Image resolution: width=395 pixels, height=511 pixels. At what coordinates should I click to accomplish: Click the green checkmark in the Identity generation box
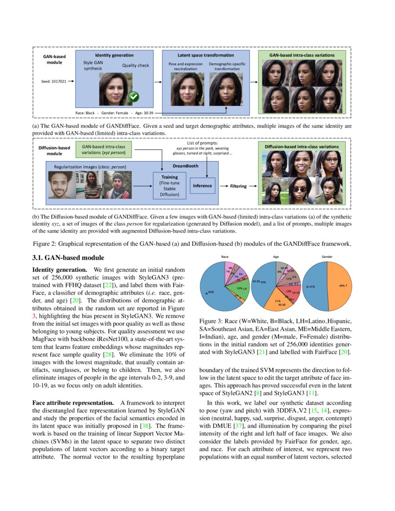point(134,97)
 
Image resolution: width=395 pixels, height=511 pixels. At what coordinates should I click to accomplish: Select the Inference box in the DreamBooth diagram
point(203,186)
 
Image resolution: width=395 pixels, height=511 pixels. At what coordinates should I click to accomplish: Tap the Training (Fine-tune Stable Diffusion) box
point(169,186)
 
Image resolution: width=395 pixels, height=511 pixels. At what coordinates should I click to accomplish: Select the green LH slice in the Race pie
point(242,289)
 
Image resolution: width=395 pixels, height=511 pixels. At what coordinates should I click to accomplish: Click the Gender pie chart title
point(327,256)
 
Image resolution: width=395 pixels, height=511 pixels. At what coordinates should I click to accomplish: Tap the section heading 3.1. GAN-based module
point(68,258)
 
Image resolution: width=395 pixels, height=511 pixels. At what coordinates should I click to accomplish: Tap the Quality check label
point(136,66)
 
